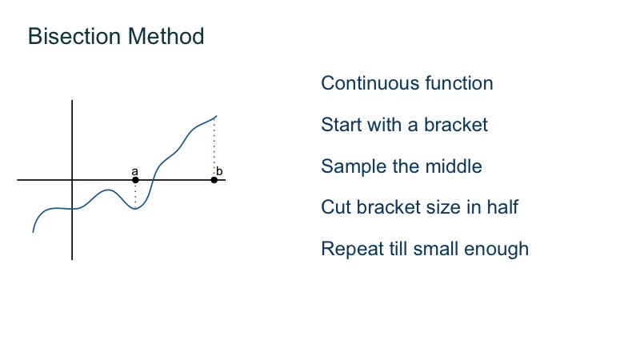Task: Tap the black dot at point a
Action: click(x=135, y=180)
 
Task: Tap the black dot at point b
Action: click(x=214, y=180)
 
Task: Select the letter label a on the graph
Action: click(x=134, y=171)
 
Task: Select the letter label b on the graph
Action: click(x=219, y=171)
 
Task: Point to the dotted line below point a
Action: click(x=135, y=194)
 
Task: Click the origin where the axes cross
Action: click(x=72, y=180)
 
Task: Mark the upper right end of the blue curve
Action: click(x=216, y=116)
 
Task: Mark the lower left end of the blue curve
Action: click(x=33, y=232)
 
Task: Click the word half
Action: click(x=501, y=207)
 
